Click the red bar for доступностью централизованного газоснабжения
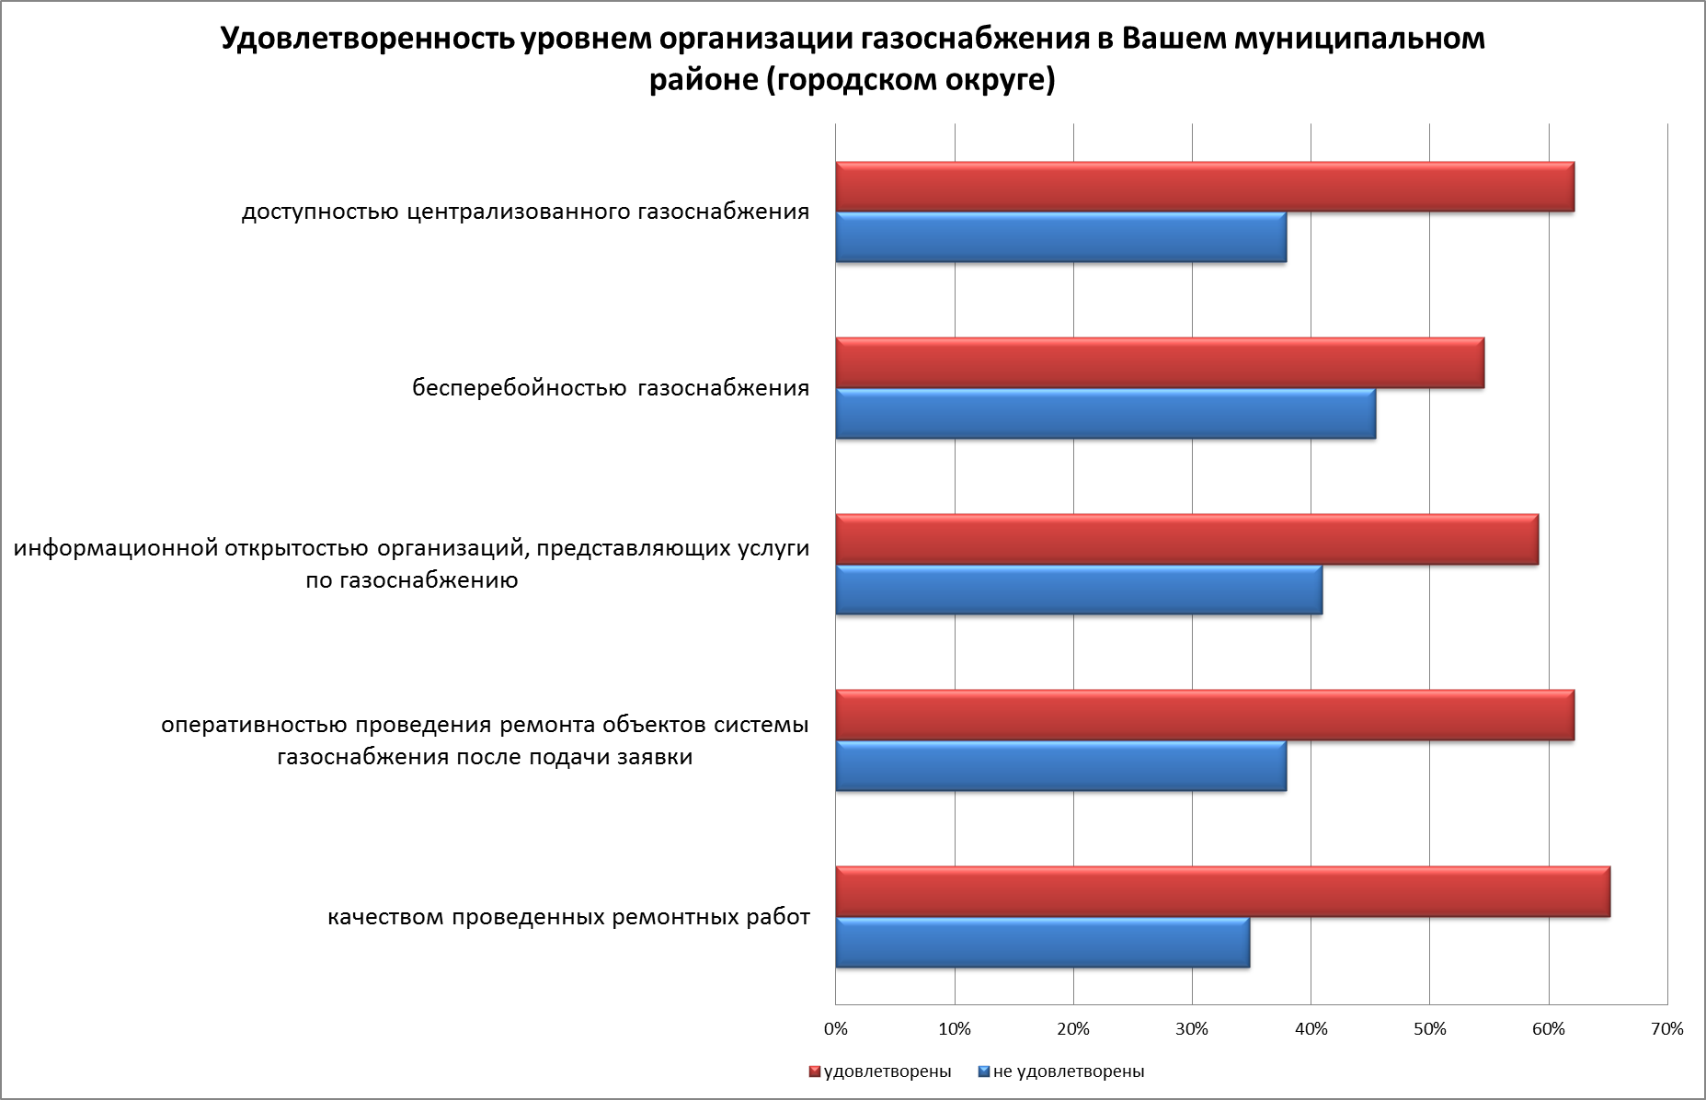pyautogui.click(x=1205, y=187)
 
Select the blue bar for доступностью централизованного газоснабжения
pyautogui.click(x=1060, y=237)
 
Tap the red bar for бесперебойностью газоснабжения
pyautogui.click(x=1160, y=362)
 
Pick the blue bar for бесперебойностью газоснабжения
pyautogui.click(x=1105, y=414)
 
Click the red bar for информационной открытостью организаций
pyautogui.click(x=1186, y=539)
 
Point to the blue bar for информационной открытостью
pyautogui.click(x=1079, y=590)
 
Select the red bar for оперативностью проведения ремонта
pyautogui.click(x=1205, y=715)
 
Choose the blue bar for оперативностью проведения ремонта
pyautogui.click(x=1060, y=765)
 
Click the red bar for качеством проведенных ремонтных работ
pyautogui.click(x=1222, y=891)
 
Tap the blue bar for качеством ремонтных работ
pyautogui.click(x=1042, y=942)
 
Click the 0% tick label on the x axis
pyautogui.click(x=835, y=1029)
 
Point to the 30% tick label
pyautogui.click(x=1192, y=1029)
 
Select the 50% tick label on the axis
pyautogui.click(x=1429, y=1029)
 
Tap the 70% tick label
pyautogui.click(x=1666, y=1029)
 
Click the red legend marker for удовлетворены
pyautogui.click(x=815, y=1071)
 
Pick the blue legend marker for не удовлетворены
pyautogui.click(x=983, y=1071)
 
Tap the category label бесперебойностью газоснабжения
pyautogui.click(x=611, y=388)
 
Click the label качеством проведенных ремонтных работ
pyautogui.click(x=568, y=917)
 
